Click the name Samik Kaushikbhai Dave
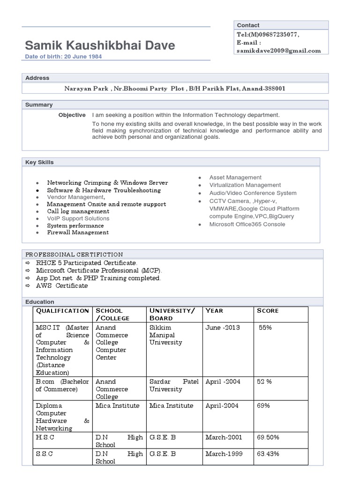[x=100, y=45]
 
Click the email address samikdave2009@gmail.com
[x=279, y=51]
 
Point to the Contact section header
[x=248, y=25]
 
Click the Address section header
[x=37, y=78]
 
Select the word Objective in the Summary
[x=72, y=115]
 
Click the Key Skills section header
[x=39, y=162]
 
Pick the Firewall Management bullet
[x=78, y=232]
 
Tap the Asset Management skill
[x=235, y=178]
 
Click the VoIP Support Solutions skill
[x=78, y=218]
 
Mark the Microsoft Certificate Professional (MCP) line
[x=99, y=271]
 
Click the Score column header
[x=268, y=311]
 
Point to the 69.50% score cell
[x=268, y=437]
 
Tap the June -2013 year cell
[x=223, y=328]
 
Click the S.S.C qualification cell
[x=45, y=454]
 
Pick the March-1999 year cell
[x=224, y=454]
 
